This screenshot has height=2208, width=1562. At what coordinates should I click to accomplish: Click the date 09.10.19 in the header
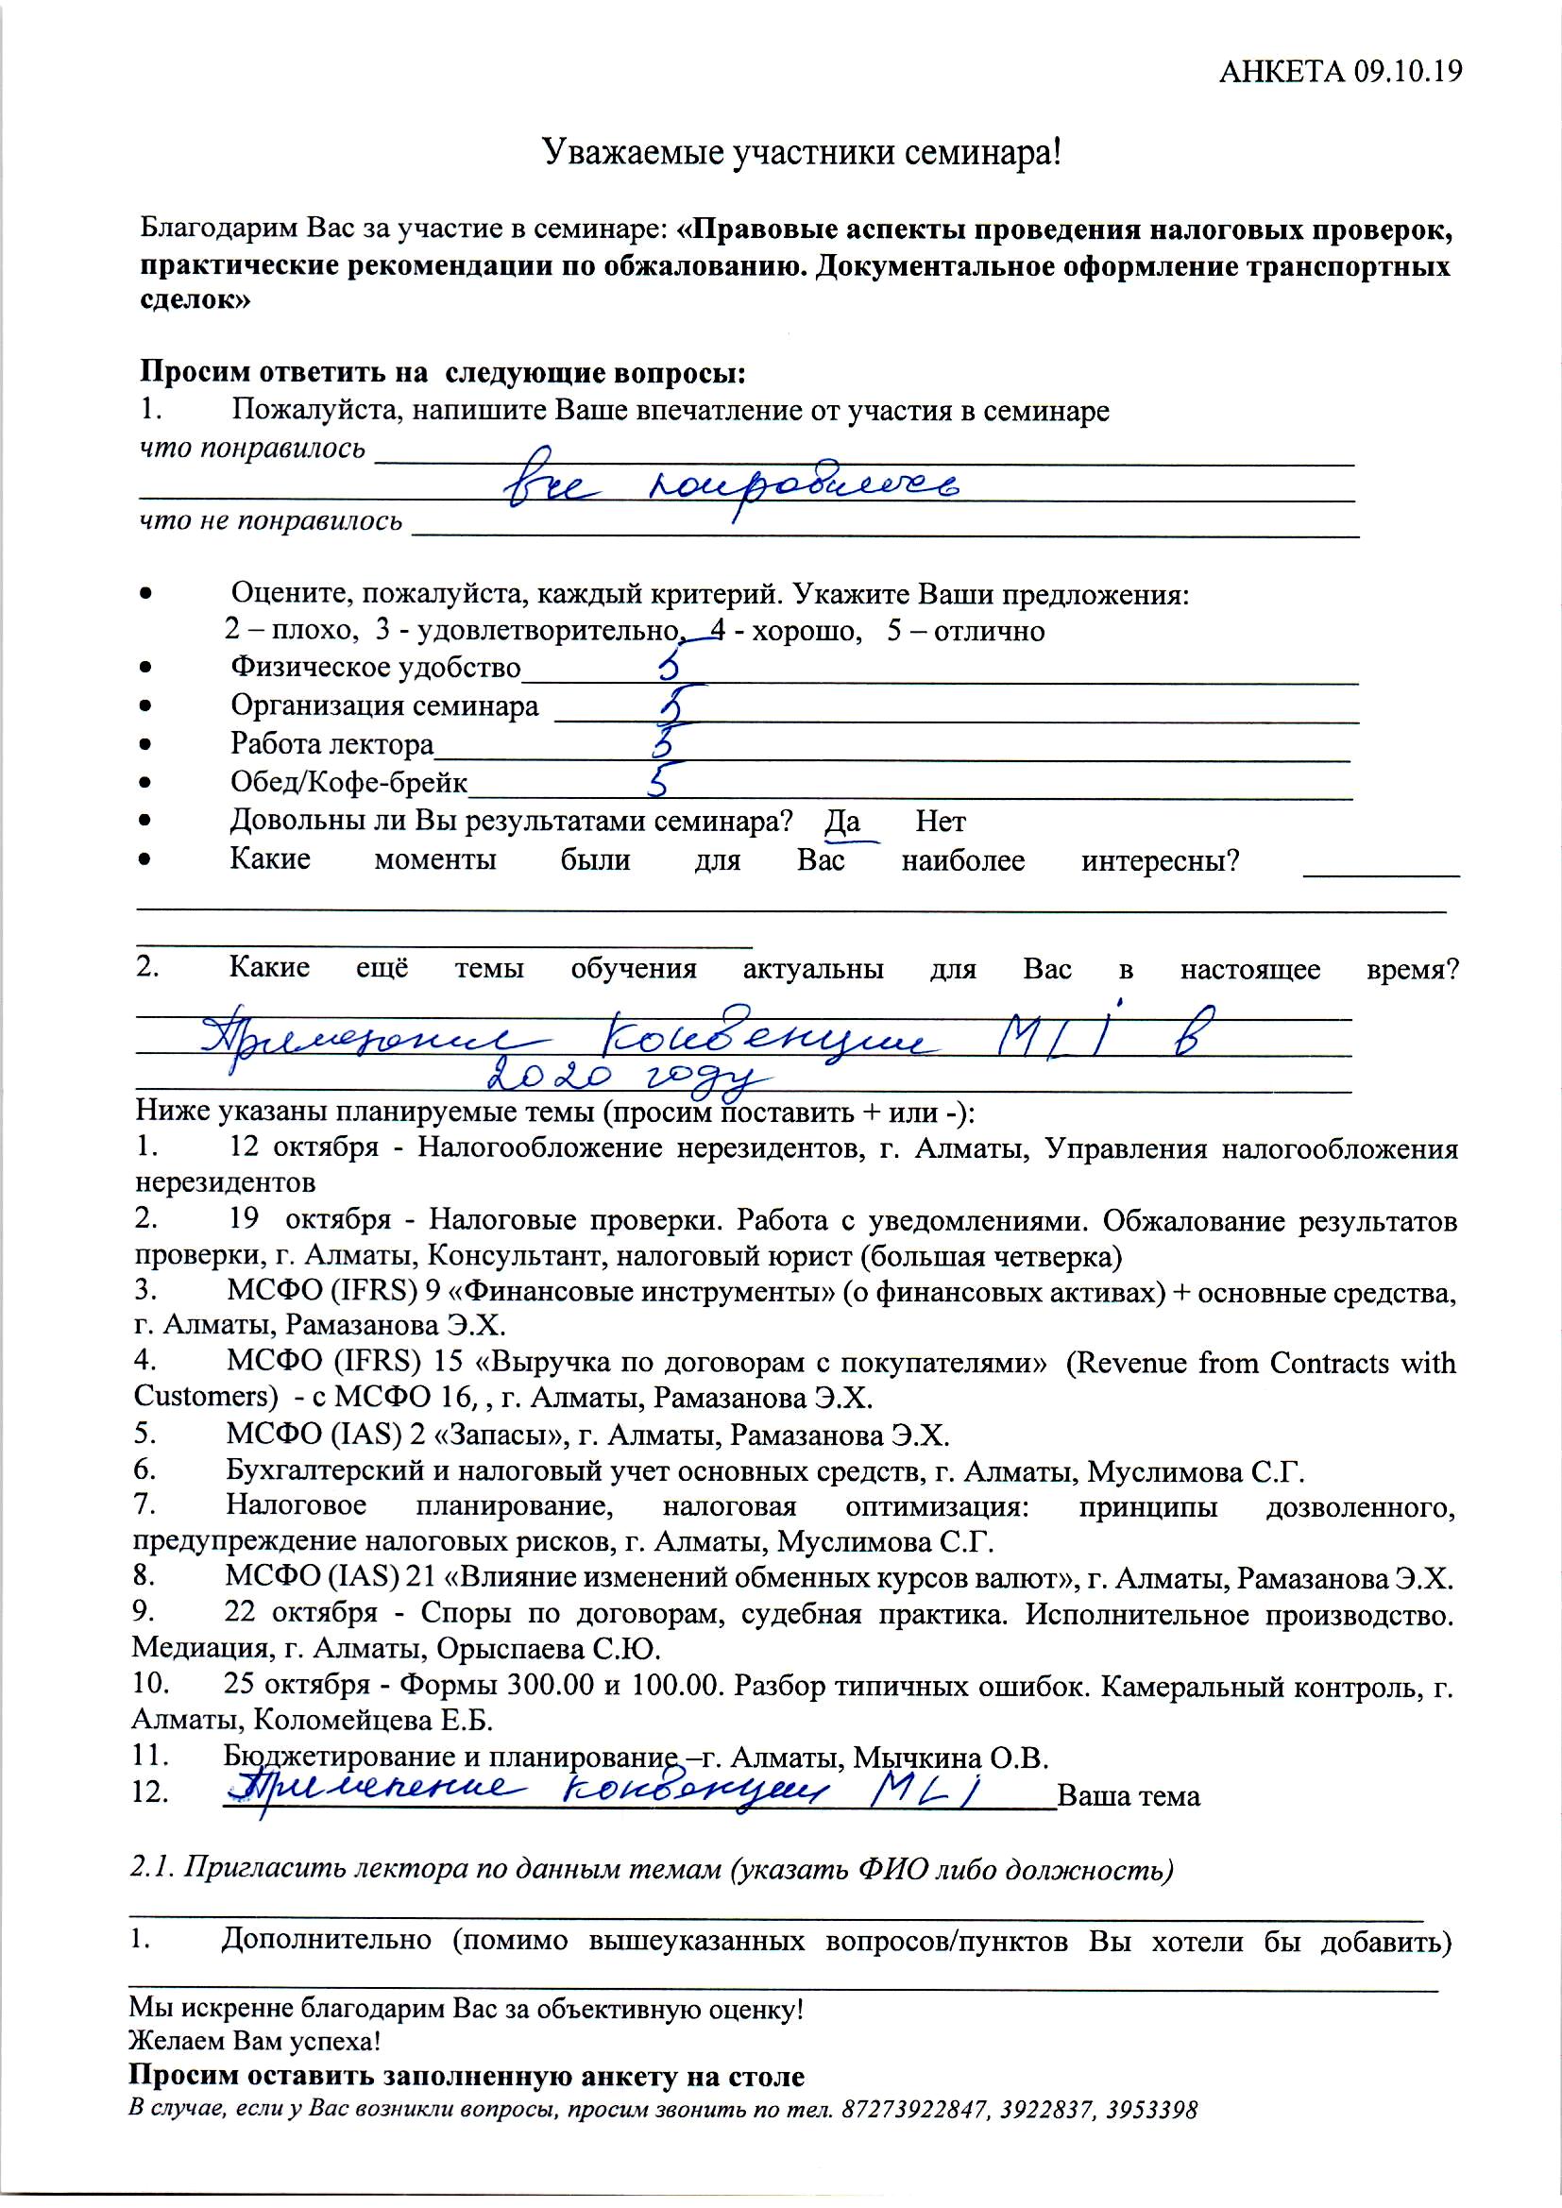1407,71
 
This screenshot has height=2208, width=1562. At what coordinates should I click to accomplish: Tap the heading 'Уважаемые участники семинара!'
802,153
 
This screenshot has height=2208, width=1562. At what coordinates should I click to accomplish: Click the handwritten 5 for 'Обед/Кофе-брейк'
661,782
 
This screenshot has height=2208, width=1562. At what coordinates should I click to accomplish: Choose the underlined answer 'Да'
842,823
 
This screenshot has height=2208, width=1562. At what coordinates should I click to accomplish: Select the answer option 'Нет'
940,823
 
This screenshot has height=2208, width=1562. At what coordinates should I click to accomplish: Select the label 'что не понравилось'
271,521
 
